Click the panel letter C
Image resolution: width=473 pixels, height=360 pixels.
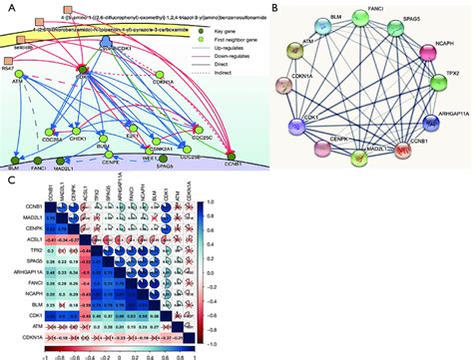click(x=9, y=182)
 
